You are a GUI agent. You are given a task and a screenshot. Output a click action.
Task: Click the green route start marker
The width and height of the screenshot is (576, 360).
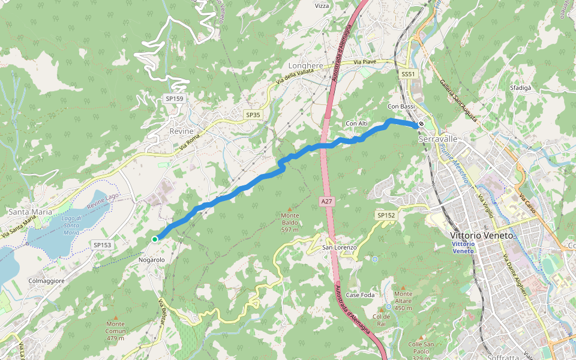[x=155, y=239]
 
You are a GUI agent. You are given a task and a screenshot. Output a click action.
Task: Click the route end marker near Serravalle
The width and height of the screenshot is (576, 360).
[x=421, y=125]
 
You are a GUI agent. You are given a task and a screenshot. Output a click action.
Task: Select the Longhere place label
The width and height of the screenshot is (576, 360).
[x=306, y=66]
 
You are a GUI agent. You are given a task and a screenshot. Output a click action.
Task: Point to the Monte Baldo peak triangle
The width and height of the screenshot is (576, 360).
[x=290, y=208]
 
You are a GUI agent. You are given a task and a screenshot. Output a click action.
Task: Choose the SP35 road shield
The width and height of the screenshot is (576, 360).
[x=253, y=114]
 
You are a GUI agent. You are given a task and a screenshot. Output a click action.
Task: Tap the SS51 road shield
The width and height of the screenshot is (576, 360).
[x=408, y=74]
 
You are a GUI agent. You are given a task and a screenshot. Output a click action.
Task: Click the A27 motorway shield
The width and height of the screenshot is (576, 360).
[x=326, y=202]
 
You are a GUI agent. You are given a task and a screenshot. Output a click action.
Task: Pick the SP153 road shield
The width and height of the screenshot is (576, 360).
[x=103, y=245]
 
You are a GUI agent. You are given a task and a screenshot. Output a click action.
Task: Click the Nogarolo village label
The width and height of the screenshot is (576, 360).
[x=151, y=260]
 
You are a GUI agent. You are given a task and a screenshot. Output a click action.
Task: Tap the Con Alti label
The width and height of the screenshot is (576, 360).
[x=356, y=124]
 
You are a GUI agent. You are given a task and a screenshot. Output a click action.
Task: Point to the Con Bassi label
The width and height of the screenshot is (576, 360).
[x=401, y=107]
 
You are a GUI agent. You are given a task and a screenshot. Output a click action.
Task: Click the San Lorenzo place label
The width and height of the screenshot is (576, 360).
[x=340, y=247]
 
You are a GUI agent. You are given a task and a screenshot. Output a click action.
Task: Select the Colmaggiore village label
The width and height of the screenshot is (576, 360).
[x=46, y=280]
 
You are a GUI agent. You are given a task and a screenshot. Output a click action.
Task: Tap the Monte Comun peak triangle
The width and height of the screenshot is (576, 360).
[x=116, y=317]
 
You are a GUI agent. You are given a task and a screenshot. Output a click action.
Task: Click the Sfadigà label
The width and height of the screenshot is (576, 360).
[x=520, y=88]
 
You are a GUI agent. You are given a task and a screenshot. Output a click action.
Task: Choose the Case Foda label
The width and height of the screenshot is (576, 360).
[x=360, y=295]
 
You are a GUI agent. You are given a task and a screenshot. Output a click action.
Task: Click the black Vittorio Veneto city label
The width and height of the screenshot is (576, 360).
[x=482, y=236]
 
